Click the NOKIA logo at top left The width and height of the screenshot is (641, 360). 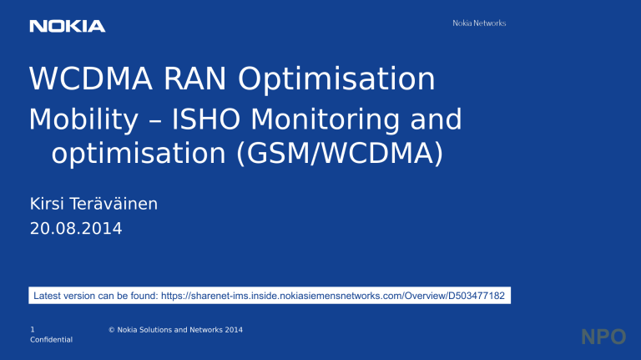(x=68, y=27)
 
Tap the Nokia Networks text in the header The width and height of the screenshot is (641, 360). (x=472, y=23)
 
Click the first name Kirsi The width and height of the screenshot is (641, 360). (x=48, y=202)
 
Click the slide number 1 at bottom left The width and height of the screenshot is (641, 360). (x=32, y=330)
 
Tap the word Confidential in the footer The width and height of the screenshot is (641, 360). (x=50, y=340)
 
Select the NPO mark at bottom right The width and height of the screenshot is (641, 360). (x=603, y=337)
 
